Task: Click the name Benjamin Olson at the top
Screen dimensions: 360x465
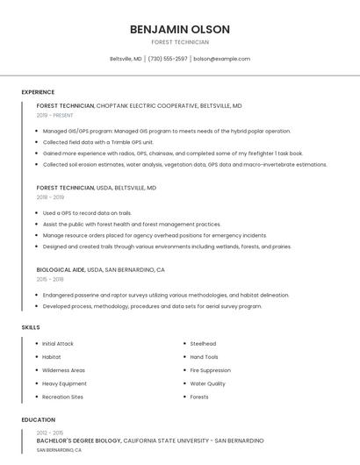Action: [180, 29]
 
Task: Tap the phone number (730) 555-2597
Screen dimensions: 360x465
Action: [168, 59]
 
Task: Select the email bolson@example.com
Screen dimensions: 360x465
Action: [221, 59]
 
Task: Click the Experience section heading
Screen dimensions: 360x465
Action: [38, 92]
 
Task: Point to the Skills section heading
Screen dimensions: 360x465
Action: [31, 327]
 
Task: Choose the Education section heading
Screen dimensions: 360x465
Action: [38, 419]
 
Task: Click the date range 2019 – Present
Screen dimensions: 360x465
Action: [55, 115]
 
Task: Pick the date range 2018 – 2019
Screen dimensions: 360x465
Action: [50, 197]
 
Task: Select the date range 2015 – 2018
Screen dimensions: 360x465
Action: [50, 279]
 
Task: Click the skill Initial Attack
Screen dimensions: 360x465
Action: [58, 344]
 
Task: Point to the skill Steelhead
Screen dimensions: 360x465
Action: [203, 344]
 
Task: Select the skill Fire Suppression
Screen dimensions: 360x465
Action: [211, 370]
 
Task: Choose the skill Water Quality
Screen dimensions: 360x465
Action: [207, 383]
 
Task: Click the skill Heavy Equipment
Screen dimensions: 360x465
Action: [64, 383]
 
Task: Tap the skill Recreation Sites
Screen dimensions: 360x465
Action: [63, 397]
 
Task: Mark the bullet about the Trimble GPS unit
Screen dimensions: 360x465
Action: [97, 142]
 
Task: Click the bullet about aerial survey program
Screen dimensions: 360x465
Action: [152, 306]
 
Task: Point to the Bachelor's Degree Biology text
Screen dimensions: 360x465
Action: [78, 440]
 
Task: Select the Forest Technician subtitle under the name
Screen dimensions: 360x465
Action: [180, 42]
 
